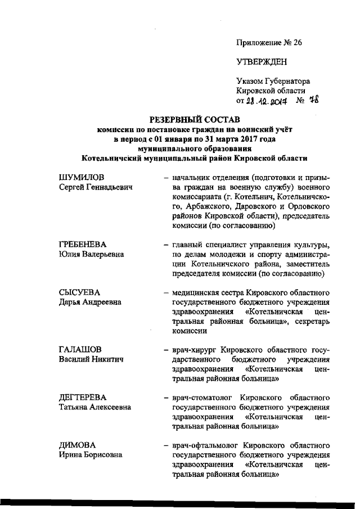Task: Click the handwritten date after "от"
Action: coord(268,102)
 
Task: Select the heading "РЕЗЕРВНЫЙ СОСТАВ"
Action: coord(194,120)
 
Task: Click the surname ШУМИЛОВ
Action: coord(82,178)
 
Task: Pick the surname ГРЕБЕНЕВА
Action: coord(83,245)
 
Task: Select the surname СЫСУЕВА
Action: coord(79,292)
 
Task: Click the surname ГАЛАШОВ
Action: coord(80,350)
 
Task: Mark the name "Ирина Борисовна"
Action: coord(91,455)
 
